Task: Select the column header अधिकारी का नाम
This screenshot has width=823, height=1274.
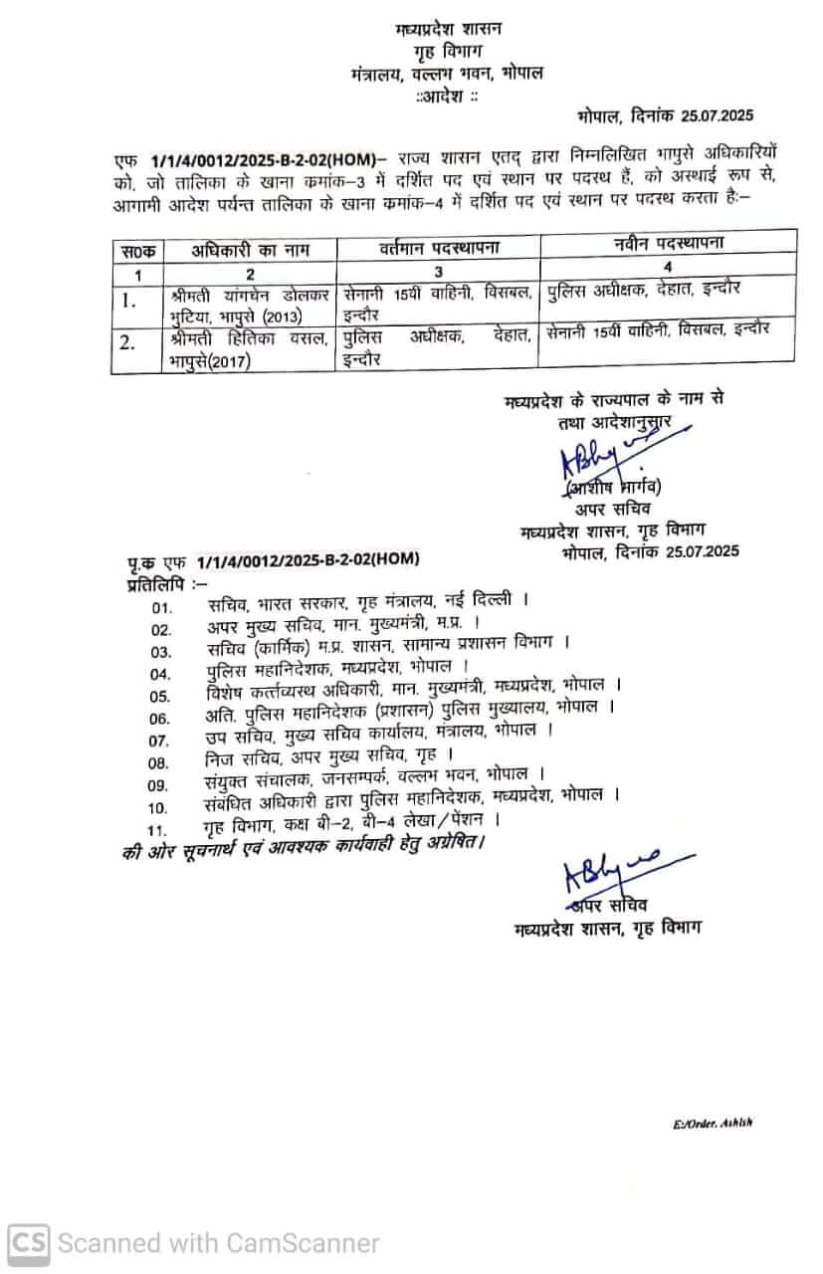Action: click(x=250, y=252)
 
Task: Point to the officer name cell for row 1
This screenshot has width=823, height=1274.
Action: click(x=250, y=305)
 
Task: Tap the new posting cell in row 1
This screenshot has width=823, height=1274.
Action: click(x=668, y=290)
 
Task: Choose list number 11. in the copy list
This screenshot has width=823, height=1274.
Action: click(x=156, y=828)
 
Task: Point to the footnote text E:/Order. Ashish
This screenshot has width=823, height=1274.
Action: click(x=713, y=1122)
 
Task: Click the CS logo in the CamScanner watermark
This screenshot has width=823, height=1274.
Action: click(x=28, y=1242)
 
